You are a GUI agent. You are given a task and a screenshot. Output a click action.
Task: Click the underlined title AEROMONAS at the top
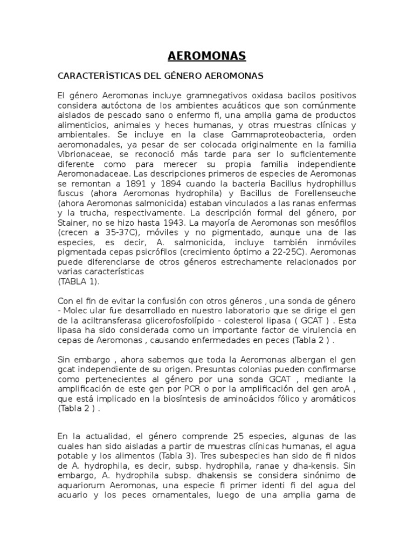206,56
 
